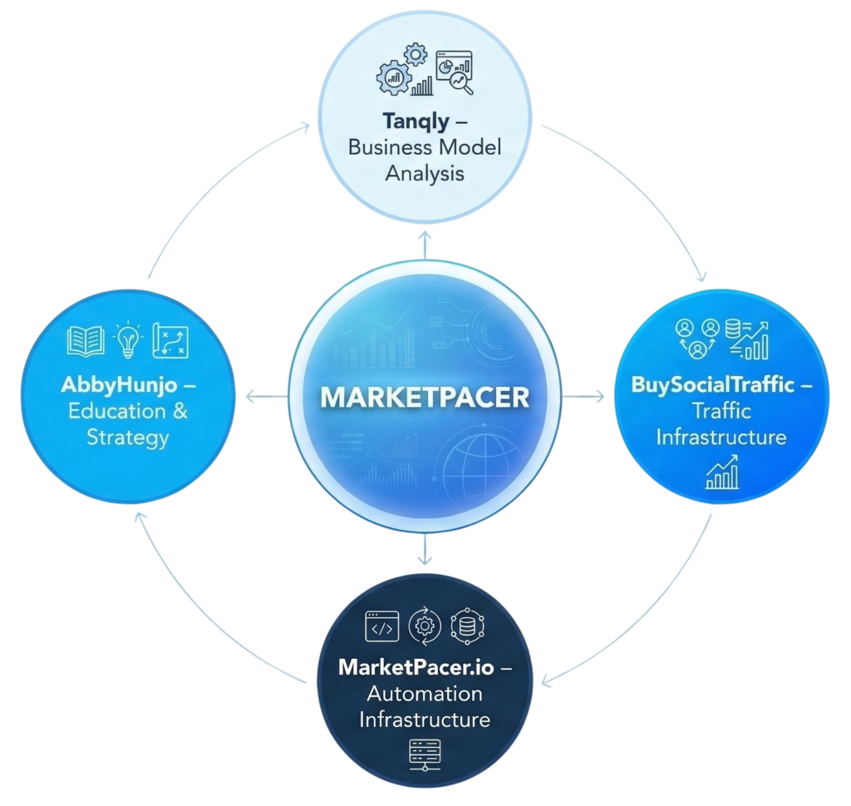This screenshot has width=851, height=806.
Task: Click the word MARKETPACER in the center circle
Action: click(x=425, y=397)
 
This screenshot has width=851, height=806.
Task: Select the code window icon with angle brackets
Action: click(x=382, y=626)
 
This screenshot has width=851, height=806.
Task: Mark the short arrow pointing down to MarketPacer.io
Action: click(x=425, y=549)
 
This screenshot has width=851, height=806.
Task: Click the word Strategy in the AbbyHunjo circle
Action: click(x=128, y=437)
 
